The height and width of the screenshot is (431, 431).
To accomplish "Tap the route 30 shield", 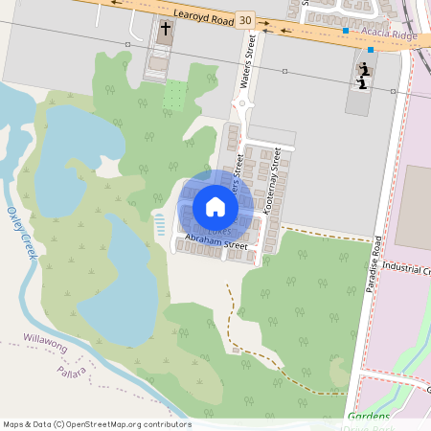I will [x=246, y=19].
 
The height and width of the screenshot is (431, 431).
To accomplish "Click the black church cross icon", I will [x=164, y=29].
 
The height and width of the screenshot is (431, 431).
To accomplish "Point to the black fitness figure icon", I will [x=363, y=73].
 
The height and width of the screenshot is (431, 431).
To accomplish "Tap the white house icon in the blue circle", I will [x=215, y=206].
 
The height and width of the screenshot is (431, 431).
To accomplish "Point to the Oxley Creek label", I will [x=21, y=232].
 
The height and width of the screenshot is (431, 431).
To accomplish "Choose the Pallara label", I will [x=73, y=371].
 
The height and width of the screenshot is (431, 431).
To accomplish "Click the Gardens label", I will [x=369, y=416].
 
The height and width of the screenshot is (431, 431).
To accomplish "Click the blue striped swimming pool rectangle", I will [x=159, y=225].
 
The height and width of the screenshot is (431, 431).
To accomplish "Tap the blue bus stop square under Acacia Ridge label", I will [x=370, y=49].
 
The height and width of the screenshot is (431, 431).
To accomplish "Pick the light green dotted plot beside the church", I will [x=174, y=95].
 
